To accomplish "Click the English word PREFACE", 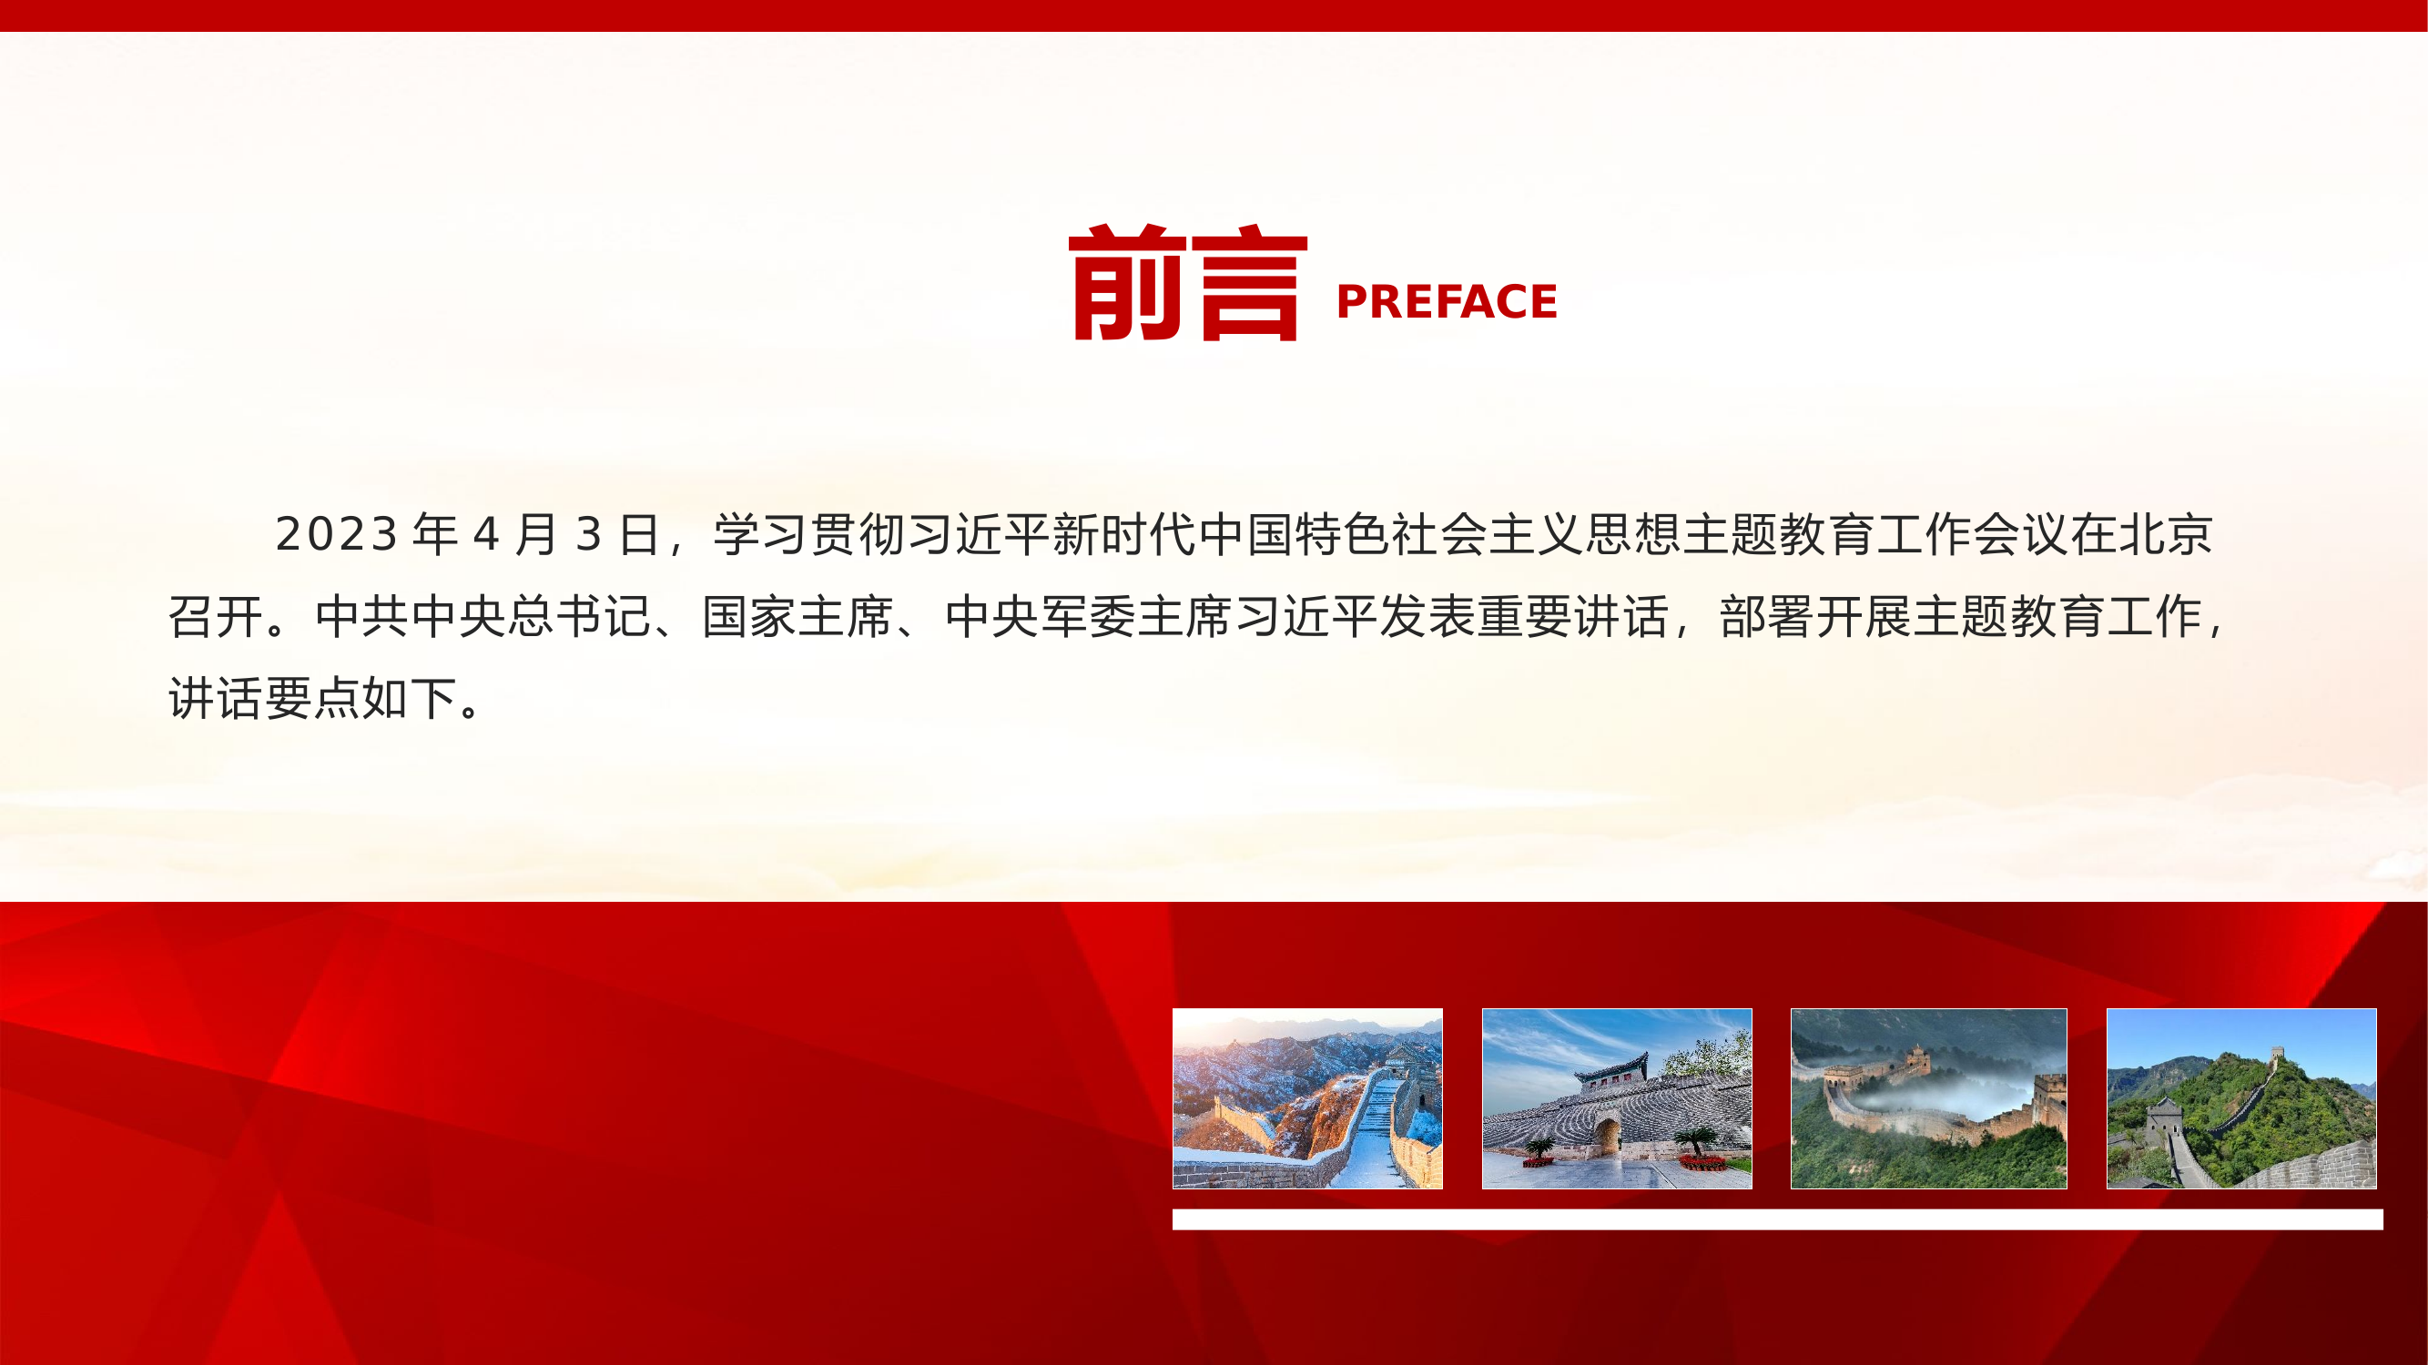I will pos(1446,302).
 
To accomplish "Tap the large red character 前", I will pos(1126,283).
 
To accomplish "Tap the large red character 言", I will pos(1249,283).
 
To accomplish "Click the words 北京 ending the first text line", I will pos(2165,535).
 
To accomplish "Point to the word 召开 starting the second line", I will pos(216,617).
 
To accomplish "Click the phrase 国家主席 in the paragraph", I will pos(797,617).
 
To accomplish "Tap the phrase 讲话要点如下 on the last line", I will pos(313,699).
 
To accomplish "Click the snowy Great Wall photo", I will pos(1307,1098).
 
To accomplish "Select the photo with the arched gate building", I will pos(1617,1098).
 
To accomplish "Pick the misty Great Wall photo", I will pos(1928,1098).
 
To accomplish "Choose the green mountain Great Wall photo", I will pos(2241,1098).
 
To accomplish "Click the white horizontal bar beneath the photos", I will pos(1777,1220).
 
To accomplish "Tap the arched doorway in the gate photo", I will pos(1608,1135).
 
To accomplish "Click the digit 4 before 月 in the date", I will pos(485,535).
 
